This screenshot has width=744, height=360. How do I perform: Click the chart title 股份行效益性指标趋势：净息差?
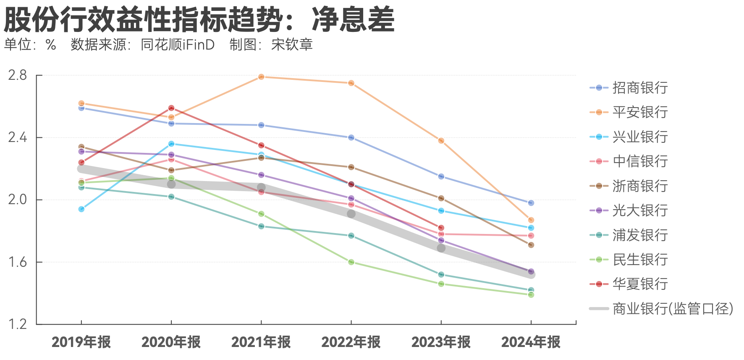(199, 20)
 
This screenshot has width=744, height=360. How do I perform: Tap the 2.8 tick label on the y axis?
(17, 76)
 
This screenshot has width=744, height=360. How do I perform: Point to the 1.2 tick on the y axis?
(17, 324)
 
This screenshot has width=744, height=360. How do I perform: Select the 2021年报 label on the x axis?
(261, 342)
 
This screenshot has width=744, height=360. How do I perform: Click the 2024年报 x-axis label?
(531, 342)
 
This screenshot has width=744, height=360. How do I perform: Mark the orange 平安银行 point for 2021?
(261, 76)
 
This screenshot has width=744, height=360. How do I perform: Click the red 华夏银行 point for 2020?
(171, 108)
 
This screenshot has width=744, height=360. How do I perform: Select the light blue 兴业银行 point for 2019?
(81, 209)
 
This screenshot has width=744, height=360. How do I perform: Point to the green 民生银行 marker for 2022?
(351, 262)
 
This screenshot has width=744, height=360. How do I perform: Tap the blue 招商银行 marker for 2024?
(531, 203)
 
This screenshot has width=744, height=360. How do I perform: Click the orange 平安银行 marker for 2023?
(441, 141)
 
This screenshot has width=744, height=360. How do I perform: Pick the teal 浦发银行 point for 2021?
(261, 226)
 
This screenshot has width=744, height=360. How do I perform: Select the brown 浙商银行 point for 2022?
(351, 167)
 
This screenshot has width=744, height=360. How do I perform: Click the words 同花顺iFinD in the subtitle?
(178, 45)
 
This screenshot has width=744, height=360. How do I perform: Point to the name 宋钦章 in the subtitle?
(292, 45)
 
